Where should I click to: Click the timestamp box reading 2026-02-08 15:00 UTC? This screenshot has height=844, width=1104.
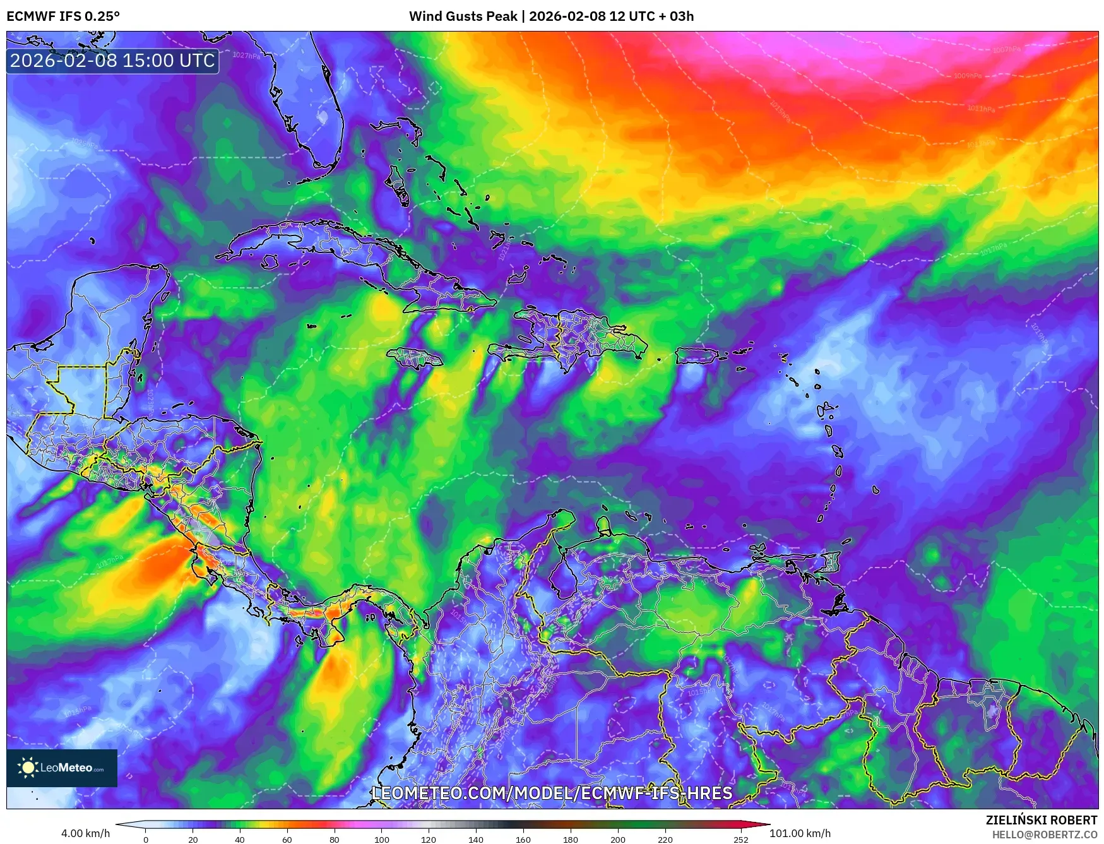tap(112, 61)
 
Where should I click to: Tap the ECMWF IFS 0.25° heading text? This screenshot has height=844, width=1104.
tap(63, 16)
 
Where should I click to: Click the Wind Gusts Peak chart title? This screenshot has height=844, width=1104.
tap(551, 16)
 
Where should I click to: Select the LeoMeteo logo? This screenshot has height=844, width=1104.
tap(62, 768)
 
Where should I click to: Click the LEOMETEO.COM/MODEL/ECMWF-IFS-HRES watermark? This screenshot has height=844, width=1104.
tap(552, 793)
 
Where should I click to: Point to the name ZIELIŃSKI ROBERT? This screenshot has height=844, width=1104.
tap(1042, 820)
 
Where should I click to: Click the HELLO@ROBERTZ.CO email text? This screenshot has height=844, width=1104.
tap(1044, 835)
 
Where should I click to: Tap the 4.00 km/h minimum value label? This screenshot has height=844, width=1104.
tap(85, 833)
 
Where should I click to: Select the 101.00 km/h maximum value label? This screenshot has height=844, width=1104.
tap(800, 833)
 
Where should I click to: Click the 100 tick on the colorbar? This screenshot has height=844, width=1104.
tap(381, 840)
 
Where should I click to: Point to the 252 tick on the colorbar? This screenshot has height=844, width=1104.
tap(741, 840)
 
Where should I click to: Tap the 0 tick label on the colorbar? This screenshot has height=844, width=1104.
tap(146, 840)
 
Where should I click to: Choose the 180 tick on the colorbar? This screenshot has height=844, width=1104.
tap(570, 840)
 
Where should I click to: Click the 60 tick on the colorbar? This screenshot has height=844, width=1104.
tap(287, 840)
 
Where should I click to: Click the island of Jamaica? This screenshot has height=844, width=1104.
tap(414, 359)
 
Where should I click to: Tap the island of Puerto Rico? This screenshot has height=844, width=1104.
tap(697, 355)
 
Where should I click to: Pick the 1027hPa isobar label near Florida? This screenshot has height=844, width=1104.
tap(246, 56)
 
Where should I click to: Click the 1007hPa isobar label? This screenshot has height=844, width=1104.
tap(1006, 49)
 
